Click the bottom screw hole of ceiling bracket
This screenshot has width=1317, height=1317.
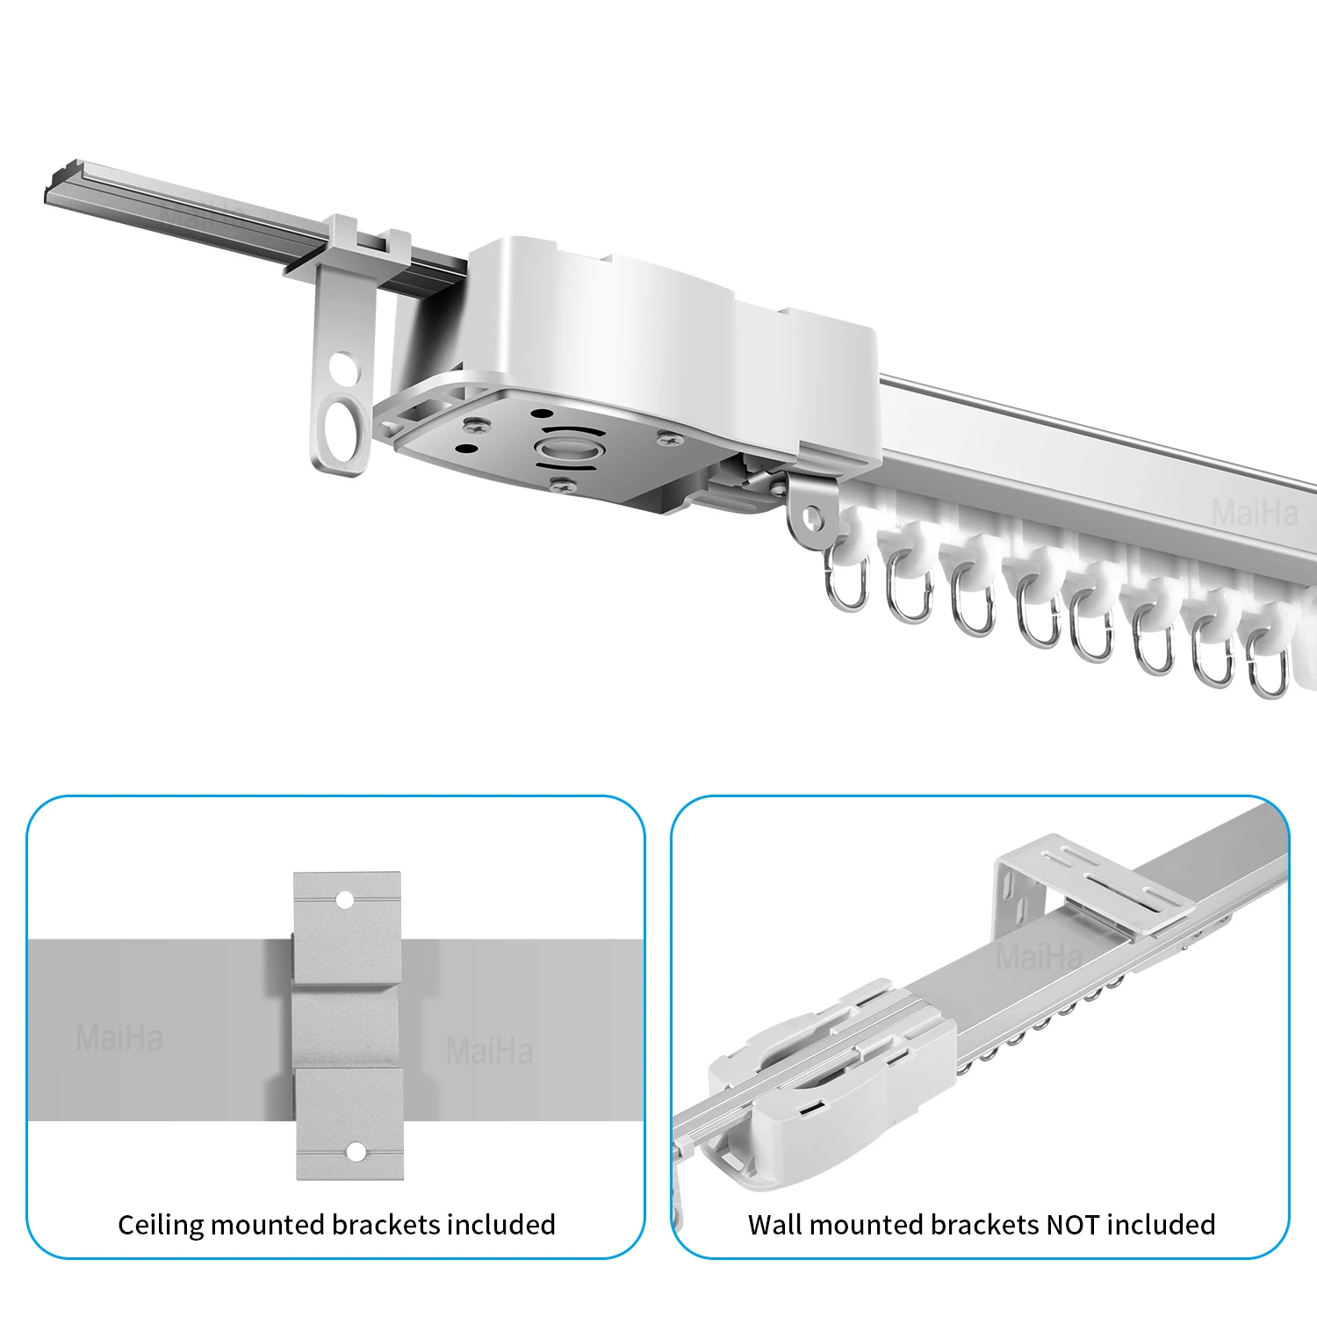pos(355,1151)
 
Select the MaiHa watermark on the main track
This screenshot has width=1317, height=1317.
pos(1254,512)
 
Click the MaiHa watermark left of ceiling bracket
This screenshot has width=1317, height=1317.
pos(119,1039)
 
